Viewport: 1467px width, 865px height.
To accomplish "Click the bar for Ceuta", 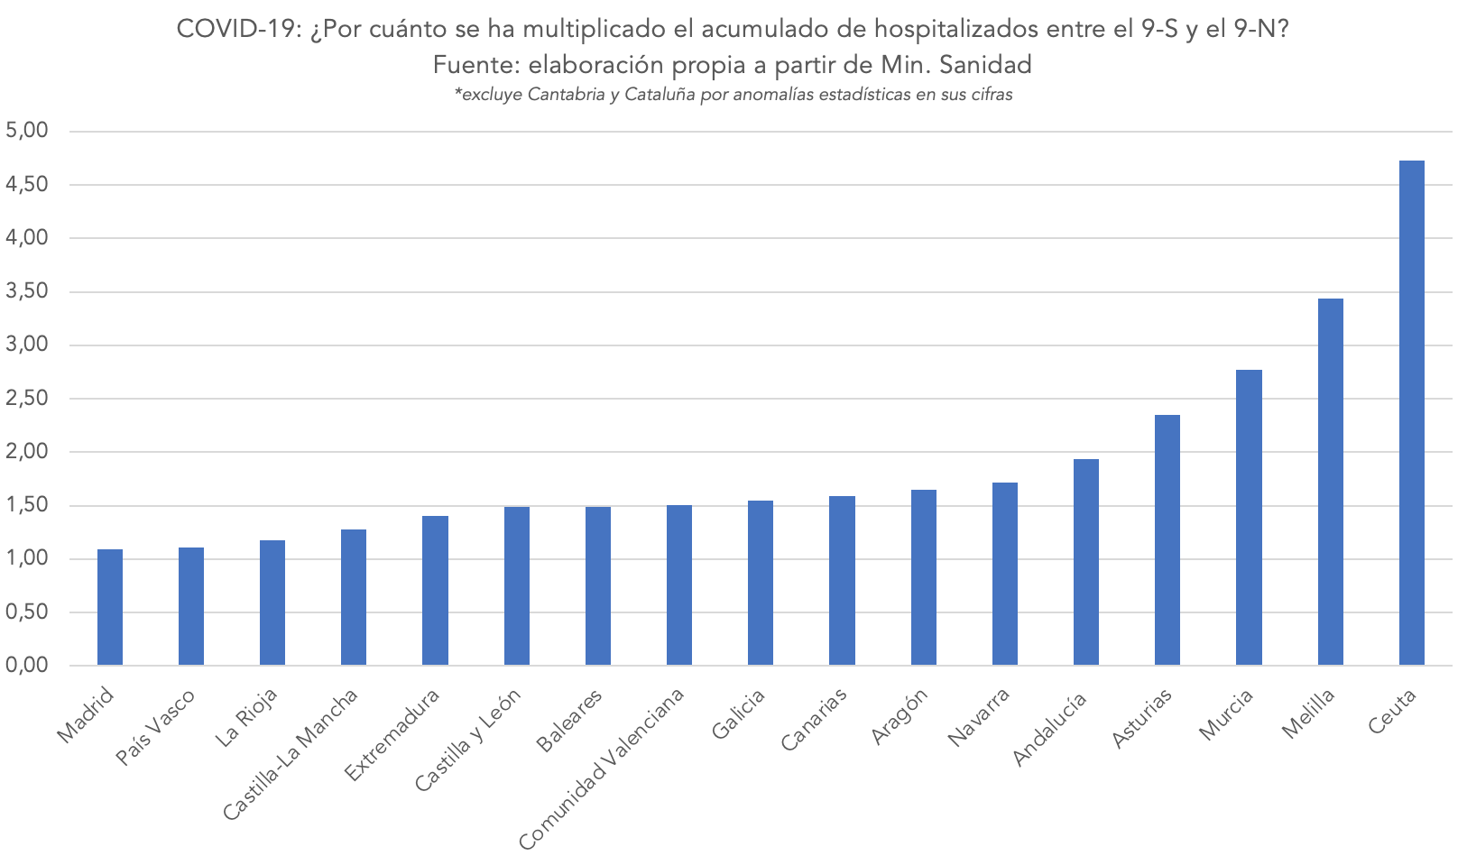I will click(x=1411, y=413).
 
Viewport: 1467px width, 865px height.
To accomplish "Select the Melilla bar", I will click(x=1330, y=482).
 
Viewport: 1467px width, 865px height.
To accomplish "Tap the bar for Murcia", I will click(x=1249, y=518).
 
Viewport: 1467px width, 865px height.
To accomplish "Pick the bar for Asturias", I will click(x=1167, y=540).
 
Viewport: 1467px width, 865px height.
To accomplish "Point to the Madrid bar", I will click(x=110, y=607).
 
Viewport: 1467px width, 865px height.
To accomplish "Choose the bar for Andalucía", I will click(x=1085, y=562).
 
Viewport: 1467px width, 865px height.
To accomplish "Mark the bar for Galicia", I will click(x=761, y=583).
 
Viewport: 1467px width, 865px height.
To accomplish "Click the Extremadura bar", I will click(x=435, y=591).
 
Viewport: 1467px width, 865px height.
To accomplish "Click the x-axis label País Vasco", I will click(x=156, y=726).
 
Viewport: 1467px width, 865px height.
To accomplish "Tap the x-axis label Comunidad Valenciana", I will click(x=602, y=768).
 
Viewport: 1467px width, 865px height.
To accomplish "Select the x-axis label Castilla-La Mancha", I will click(x=291, y=754).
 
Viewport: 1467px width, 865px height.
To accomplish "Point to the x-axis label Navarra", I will click(x=980, y=716).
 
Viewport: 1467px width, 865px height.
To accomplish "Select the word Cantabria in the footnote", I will click(x=566, y=95).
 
